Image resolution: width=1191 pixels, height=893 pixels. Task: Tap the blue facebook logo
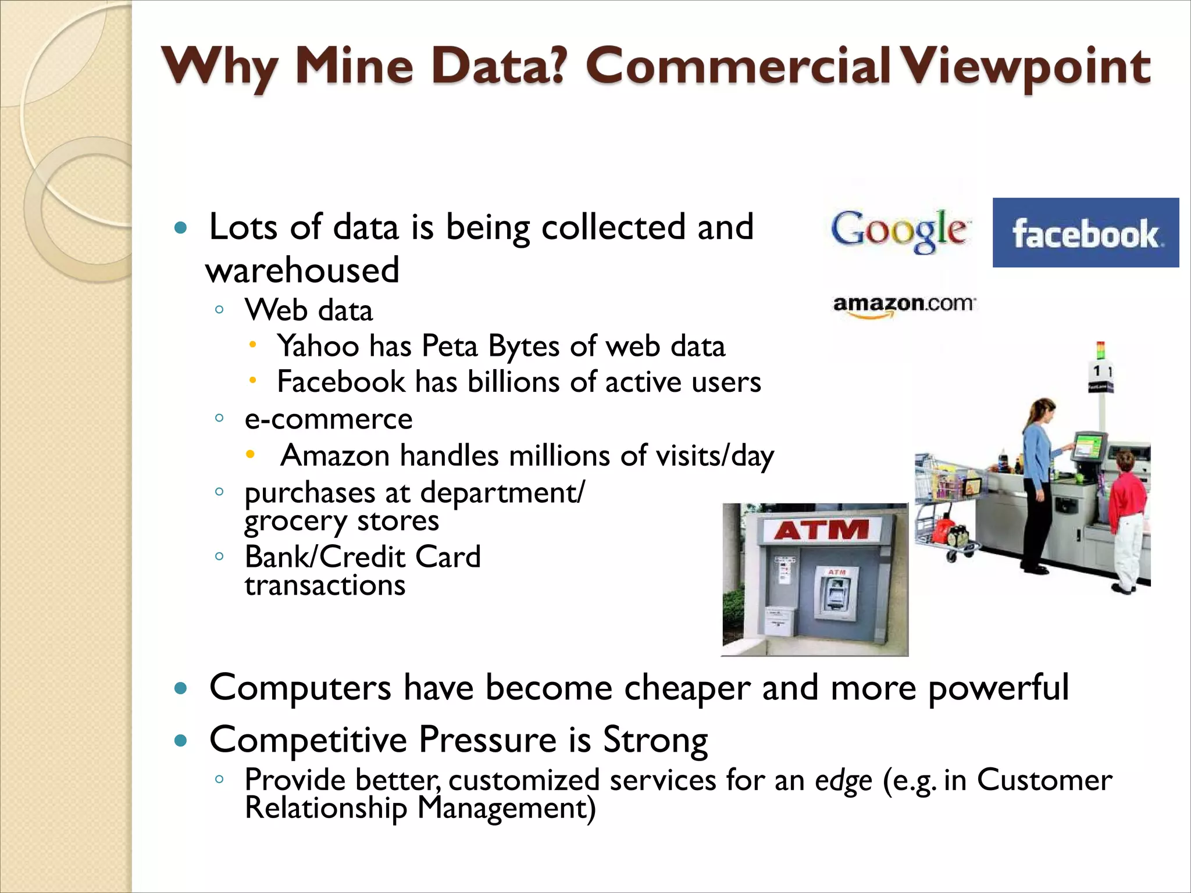tap(1085, 233)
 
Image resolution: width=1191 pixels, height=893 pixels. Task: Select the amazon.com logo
tap(904, 305)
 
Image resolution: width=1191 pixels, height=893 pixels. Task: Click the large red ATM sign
tap(821, 530)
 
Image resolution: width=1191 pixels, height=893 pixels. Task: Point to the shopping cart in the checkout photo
tap(945, 500)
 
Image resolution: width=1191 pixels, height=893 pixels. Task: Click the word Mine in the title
tap(354, 66)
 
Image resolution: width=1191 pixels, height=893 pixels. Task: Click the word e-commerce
tap(329, 419)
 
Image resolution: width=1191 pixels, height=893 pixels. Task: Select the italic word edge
tap(843, 781)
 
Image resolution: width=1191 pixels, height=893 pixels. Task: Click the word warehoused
tap(302, 270)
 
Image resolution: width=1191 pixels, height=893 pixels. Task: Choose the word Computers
tap(300, 688)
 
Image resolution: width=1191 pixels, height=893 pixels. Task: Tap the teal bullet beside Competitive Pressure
tap(181, 741)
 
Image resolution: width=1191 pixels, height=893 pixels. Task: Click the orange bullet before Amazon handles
tap(250, 455)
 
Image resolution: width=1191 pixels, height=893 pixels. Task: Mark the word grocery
tap(295, 521)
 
